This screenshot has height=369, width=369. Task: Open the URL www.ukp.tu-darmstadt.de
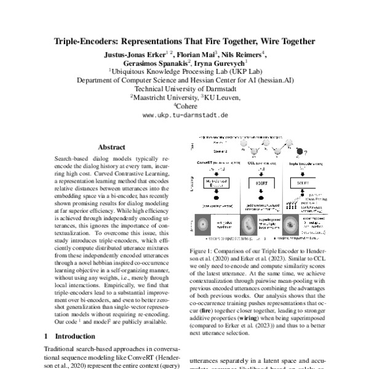point(185,114)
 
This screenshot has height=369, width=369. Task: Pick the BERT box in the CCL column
point(261,183)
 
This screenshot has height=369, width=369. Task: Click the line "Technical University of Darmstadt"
point(185,88)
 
